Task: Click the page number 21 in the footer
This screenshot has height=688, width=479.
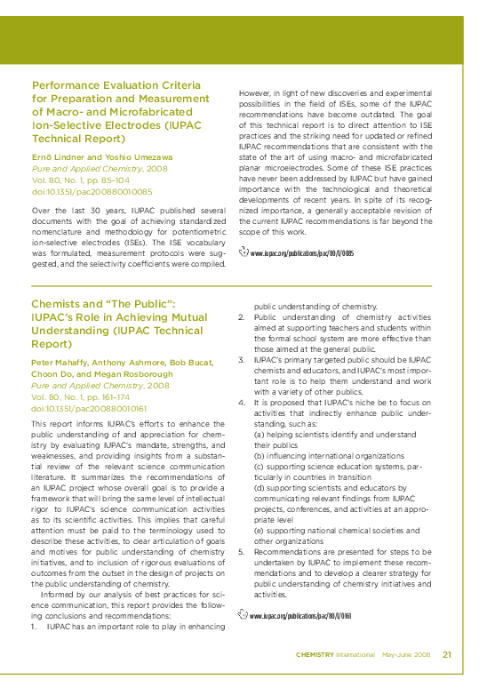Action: tap(447, 654)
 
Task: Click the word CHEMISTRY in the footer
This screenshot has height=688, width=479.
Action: tap(315, 655)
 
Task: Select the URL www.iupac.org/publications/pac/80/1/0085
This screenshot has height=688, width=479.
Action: tap(301, 253)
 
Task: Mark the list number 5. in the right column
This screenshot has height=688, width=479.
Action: tap(242, 551)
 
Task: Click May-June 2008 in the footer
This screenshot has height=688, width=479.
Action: tap(406, 655)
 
